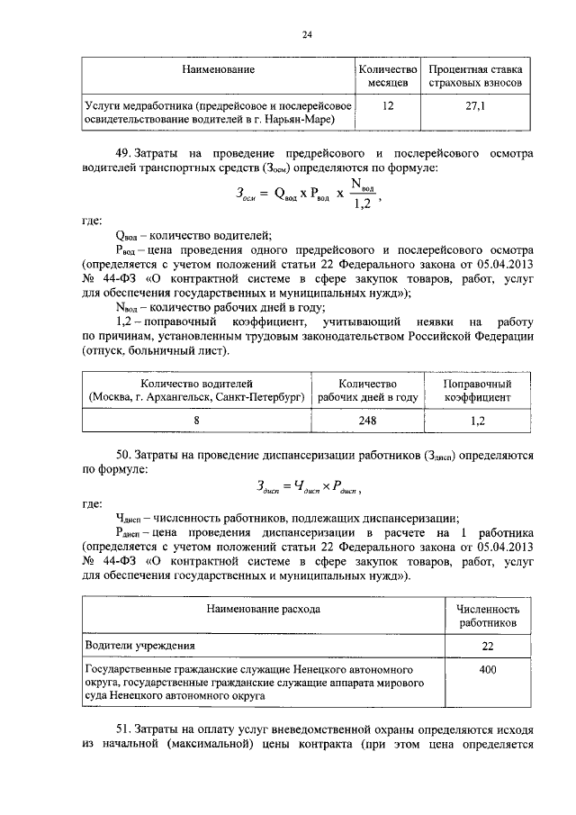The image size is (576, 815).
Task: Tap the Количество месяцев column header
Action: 389,77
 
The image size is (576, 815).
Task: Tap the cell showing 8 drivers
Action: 196,420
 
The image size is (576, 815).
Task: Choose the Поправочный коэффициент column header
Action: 478,390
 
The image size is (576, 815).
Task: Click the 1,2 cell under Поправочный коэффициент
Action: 478,420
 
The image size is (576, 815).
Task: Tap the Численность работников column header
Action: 487,616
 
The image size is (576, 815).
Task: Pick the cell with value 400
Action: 487,671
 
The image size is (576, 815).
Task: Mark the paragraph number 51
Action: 123,729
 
